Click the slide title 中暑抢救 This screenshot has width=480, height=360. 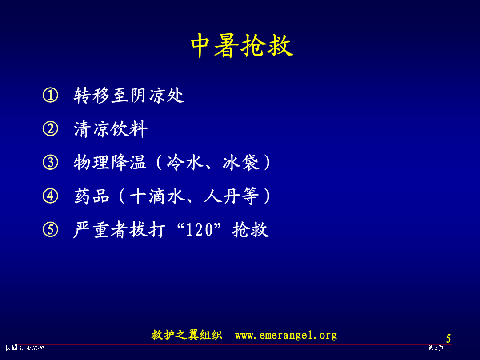click(242, 45)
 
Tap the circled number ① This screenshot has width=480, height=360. click(50, 95)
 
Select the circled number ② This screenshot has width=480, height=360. click(50, 128)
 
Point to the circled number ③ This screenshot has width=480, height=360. click(50, 162)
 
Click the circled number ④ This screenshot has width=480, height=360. click(50, 196)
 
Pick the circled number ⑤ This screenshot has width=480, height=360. click(50, 230)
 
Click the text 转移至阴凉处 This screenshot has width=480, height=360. click(129, 95)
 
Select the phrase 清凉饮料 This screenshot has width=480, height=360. click(111, 129)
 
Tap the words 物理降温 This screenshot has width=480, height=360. click(110, 162)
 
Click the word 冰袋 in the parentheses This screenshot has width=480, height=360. click(241, 162)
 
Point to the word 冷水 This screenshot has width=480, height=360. click(185, 162)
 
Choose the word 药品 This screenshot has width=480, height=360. click(92, 196)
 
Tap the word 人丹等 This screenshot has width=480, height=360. click(232, 196)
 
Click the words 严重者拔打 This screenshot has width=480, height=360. click(120, 230)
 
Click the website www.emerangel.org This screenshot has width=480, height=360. click(286, 335)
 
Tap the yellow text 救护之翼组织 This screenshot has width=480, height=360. click(187, 335)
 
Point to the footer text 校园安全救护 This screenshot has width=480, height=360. click(24, 348)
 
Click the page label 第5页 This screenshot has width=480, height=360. click(436, 348)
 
